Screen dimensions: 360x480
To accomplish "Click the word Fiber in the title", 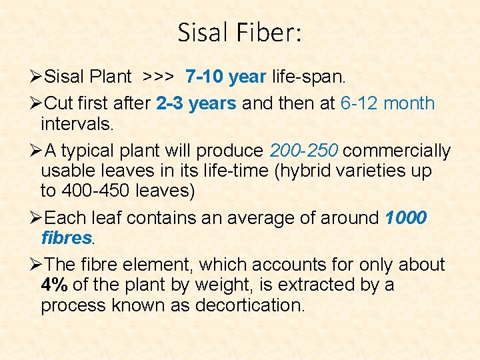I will click(x=269, y=33).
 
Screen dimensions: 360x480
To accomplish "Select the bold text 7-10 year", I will click(x=226, y=77).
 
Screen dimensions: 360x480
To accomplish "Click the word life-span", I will click(x=309, y=77).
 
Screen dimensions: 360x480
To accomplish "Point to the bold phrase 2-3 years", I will click(x=196, y=103).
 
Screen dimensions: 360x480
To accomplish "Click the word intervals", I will click(x=76, y=124).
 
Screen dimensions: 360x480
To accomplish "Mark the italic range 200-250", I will click(x=303, y=151).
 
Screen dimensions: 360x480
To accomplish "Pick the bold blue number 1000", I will click(x=406, y=218).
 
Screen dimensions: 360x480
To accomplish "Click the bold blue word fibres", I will click(x=66, y=238).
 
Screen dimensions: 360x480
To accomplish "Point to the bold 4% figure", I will click(x=54, y=285).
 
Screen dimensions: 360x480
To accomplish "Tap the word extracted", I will click(x=317, y=285).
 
